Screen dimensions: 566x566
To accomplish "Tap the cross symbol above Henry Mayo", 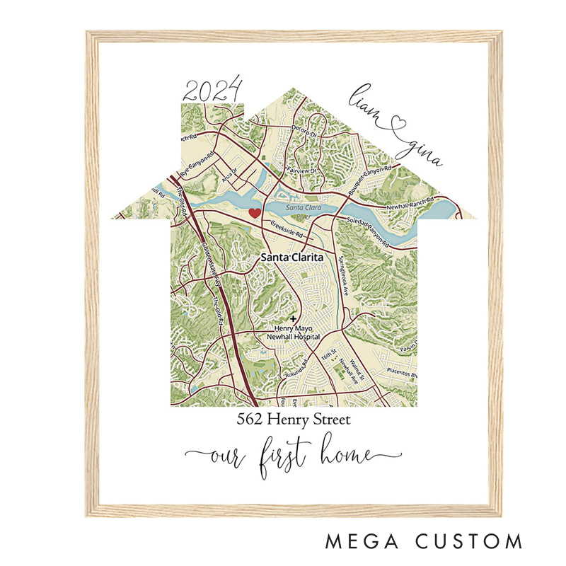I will click(x=294, y=319).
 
